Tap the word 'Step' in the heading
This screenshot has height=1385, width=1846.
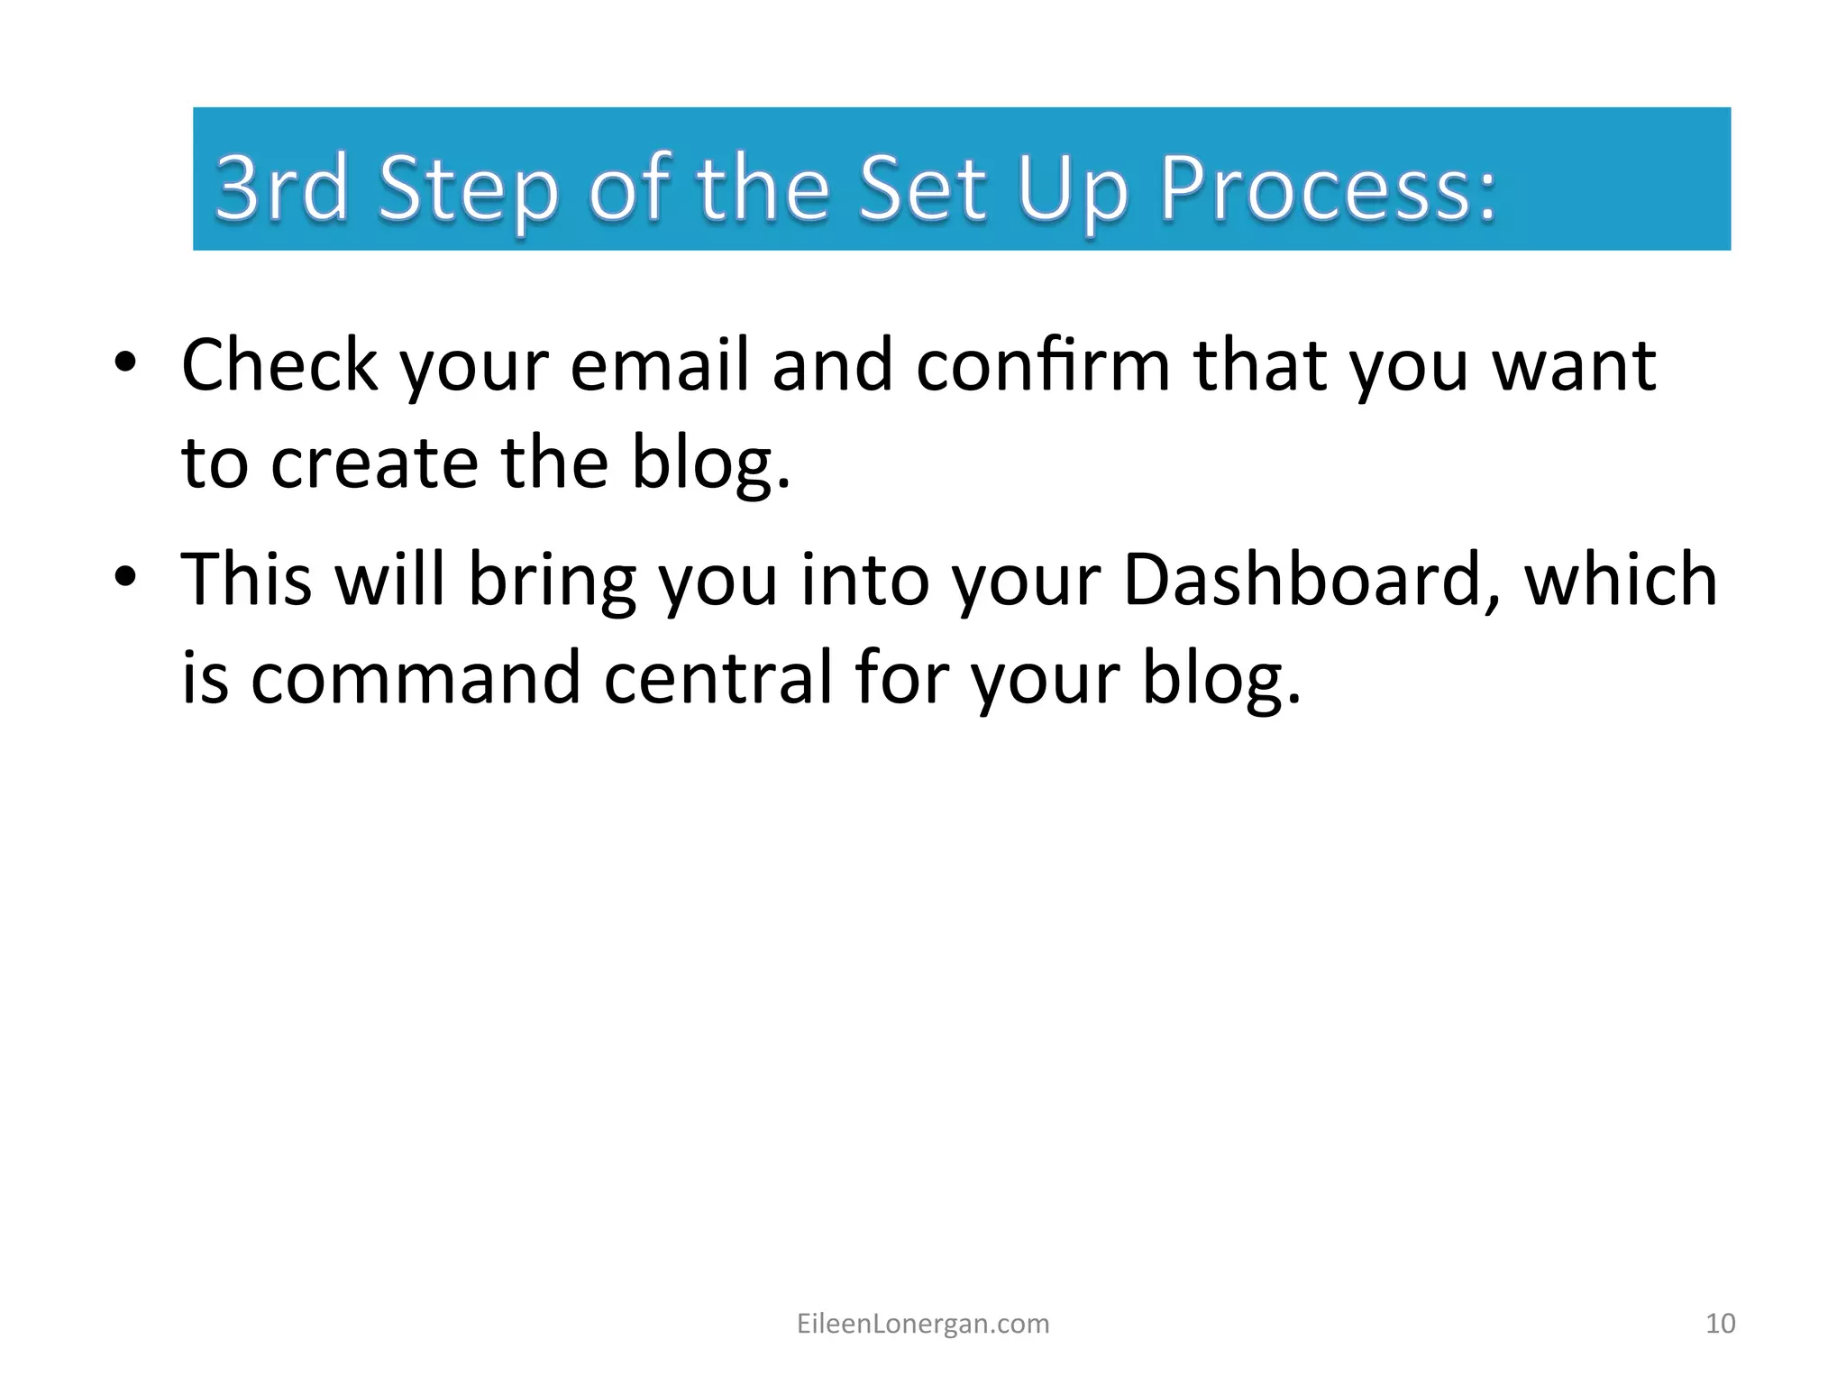(468, 191)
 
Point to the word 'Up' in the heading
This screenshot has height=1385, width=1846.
(1073, 191)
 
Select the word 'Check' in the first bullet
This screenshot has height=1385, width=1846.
(279, 364)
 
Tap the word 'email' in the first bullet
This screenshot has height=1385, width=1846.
(659, 364)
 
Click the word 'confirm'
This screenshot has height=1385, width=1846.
(1042, 364)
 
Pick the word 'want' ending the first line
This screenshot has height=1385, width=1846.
(1574, 366)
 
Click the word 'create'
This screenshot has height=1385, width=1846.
(374, 462)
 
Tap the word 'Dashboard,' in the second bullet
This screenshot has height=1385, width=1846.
(1311, 579)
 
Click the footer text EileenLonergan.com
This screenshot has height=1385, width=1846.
(923, 1324)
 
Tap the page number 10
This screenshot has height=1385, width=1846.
(1720, 1324)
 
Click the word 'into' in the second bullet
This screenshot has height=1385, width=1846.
(865, 579)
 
